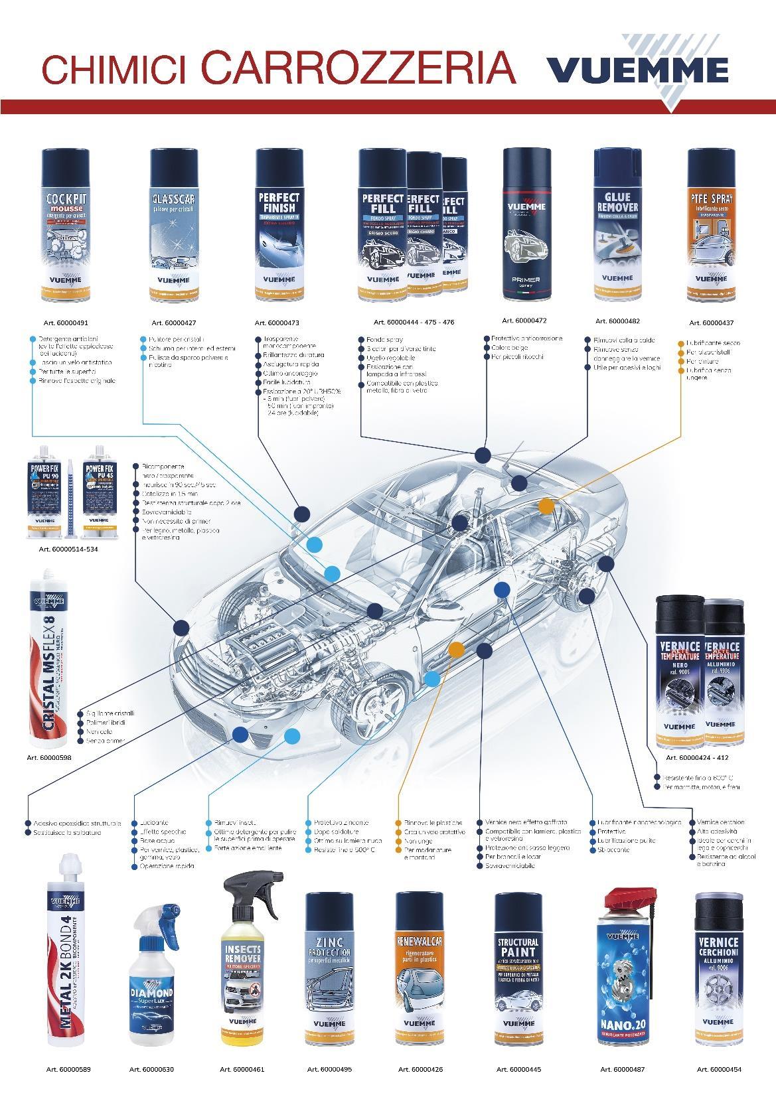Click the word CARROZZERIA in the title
point(358,67)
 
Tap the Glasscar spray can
point(173,226)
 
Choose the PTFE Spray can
point(711,226)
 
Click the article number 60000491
point(64,323)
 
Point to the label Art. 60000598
point(48,757)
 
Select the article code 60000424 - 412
point(697,757)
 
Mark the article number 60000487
point(622,1069)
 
